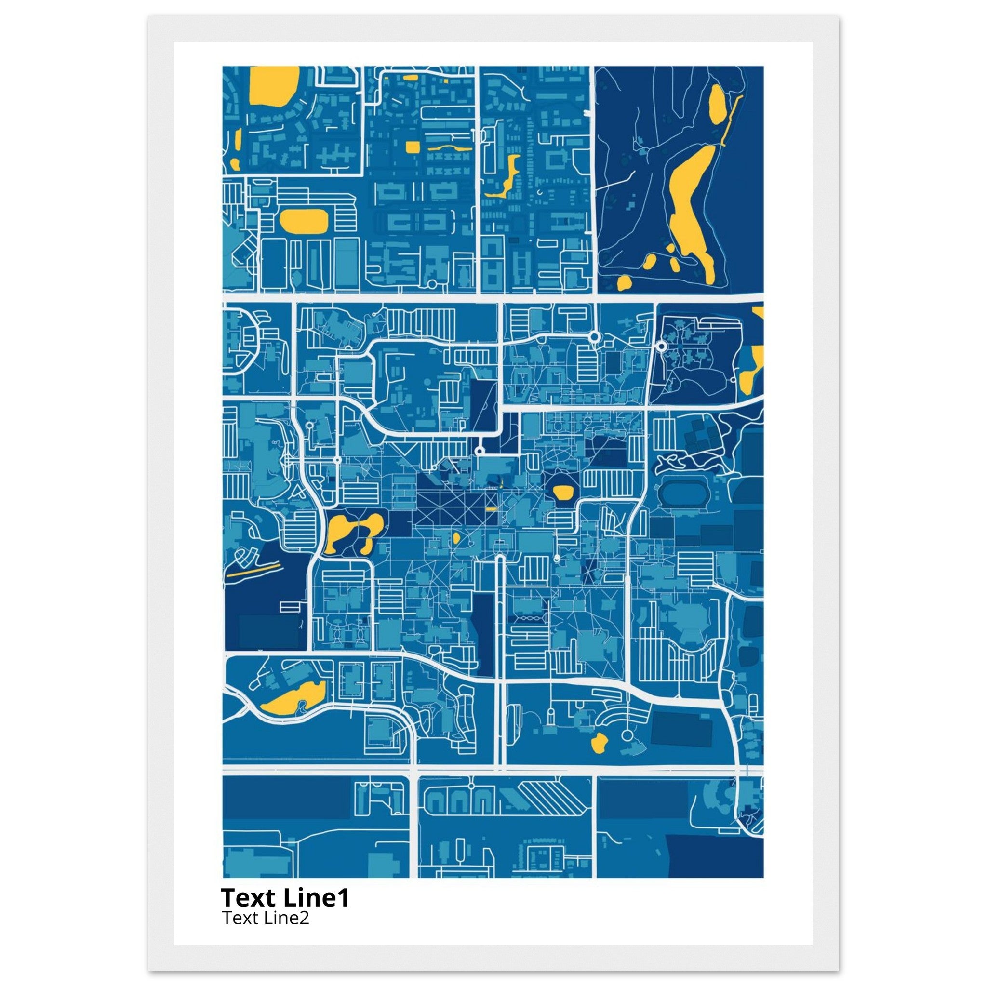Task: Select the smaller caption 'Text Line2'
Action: (265, 918)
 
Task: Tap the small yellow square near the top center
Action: (412, 147)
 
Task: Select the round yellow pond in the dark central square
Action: (561, 492)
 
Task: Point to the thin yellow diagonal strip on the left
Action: (254, 570)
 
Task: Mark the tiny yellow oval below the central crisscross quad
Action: (456, 538)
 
